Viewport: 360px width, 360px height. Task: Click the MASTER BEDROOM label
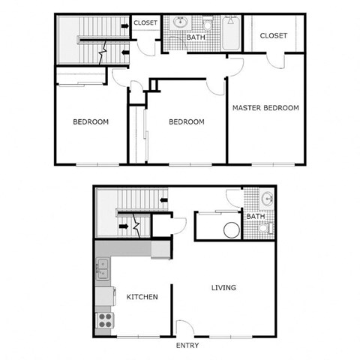[x=265, y=108]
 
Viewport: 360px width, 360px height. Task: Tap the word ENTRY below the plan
[x=187, y=346]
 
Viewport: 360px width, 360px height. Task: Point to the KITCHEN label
[x=142, y=297]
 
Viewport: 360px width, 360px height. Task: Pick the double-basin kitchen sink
[x=102, y=268]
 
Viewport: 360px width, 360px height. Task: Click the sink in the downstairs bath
[x=268, y=199]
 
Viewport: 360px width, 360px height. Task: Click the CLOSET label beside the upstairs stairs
[x=145, y=23]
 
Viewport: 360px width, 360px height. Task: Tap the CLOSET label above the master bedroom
[x=274, y=35]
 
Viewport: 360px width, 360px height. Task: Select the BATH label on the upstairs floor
[x=196, y=37]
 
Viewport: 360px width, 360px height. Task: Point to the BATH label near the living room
[x=256, y=217]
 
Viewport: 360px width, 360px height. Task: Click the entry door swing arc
[x=184, y=327]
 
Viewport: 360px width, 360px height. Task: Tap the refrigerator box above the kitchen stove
[x=104, y=295]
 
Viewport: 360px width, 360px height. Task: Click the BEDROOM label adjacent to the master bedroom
[x=186, y=122]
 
